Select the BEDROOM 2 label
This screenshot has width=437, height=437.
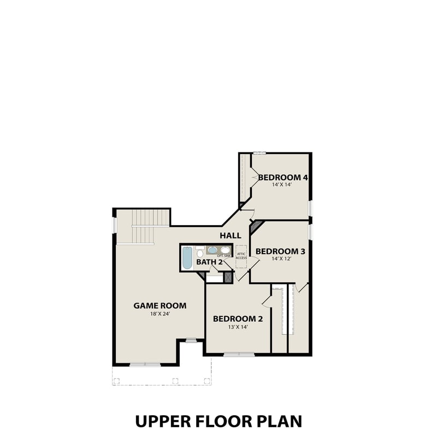click(x=238, y=319)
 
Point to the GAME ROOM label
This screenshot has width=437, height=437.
click(x=160, y=306)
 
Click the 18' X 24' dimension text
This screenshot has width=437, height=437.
click(x=160, y=314)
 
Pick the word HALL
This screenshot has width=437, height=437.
click(x=231, y=235)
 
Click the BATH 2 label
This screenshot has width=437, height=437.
click(x=210, y=262)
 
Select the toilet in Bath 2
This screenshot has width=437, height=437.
click(x=199, y=253)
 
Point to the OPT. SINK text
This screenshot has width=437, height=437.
click(x=223, y=255)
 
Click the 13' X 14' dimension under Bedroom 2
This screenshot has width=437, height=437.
click(x=238, y=327)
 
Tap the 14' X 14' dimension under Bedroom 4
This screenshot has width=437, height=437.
click(x=282, y=185)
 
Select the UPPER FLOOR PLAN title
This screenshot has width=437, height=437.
click(x=218, y=421)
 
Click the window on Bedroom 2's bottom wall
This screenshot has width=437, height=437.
click(x=239, y=355)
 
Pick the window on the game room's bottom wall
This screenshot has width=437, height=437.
click(x=145, y=364)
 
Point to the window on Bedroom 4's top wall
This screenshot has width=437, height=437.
click(x=259, y=153)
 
